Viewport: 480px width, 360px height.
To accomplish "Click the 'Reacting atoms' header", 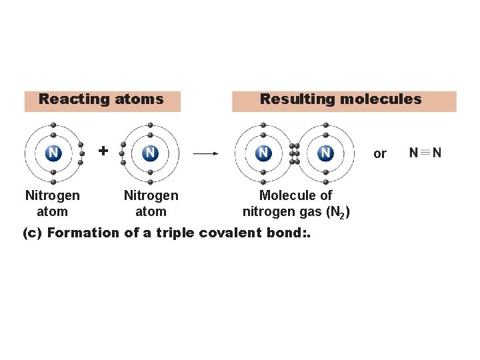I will point(101,99).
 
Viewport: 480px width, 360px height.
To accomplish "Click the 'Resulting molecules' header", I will point(341,99).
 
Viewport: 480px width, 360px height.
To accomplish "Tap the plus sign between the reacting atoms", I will point(103,151).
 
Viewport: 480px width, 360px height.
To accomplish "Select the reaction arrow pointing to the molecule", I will point(205,153).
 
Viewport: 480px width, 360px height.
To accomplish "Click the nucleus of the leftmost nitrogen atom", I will point(53,153).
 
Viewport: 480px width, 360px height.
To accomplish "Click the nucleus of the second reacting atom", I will point(151,153).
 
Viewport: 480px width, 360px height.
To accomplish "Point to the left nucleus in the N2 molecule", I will point(264,153).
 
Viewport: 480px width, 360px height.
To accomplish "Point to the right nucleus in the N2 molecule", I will point(325,153).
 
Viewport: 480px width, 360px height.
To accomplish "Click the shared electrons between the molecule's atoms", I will point(295,153).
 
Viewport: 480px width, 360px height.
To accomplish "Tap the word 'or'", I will point(380,154).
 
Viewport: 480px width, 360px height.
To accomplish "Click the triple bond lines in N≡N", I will point(425,153).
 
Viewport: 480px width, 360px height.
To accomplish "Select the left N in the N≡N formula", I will point(414,153).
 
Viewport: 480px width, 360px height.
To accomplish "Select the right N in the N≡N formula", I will point(437,153).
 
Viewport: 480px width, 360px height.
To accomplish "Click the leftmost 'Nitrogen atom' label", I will point(52,203).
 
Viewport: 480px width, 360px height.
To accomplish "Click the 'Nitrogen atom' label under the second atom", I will point(151,203).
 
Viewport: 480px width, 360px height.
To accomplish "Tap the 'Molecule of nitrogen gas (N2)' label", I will point(295,203).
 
